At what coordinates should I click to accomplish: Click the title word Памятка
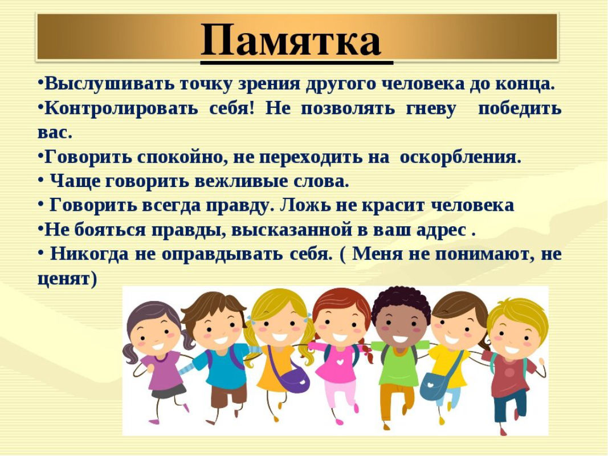point(291,39)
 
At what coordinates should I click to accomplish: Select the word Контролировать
point(121,108)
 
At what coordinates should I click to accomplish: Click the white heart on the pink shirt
point(340,362)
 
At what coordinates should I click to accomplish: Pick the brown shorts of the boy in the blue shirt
point(228,395)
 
